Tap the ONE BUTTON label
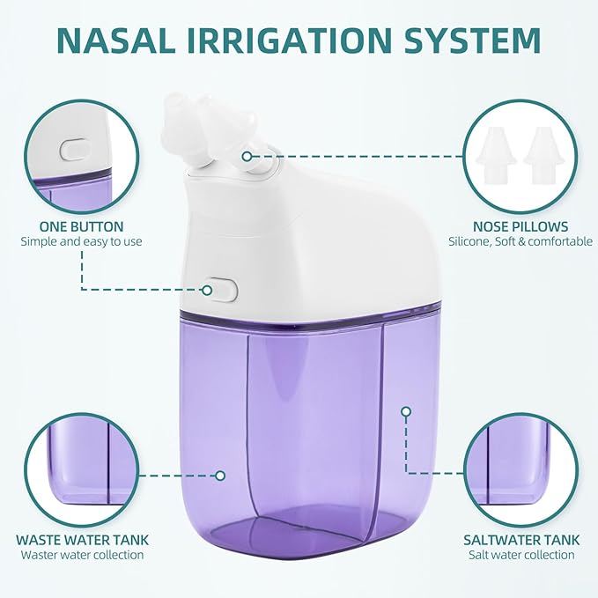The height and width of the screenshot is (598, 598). pyautogui.click(x=81, y=226)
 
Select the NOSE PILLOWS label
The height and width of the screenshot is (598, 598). pyautogui.click(x=520, y=226)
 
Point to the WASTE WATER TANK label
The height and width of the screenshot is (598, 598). pyautogui.click(x=82, y=539)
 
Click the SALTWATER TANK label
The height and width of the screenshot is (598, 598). pyautogui.click(x=519, y=539)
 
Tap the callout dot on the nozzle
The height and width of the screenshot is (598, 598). pyautogui.click(x=247, y=156)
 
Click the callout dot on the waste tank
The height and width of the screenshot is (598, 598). pyautogui.click(x=220, y=475)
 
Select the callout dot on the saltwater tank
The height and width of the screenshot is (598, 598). pyautogui.click(x=406, y=410)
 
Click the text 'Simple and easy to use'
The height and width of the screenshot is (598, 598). pyautogui.click(x=81, y=241)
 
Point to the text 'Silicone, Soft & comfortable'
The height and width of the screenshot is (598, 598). pyautogui.click(x=520, y=241)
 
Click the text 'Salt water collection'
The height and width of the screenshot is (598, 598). pyautogui.click(x=519, y=555)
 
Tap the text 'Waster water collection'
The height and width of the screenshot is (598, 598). pyautogui.click(x=82, y=555)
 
